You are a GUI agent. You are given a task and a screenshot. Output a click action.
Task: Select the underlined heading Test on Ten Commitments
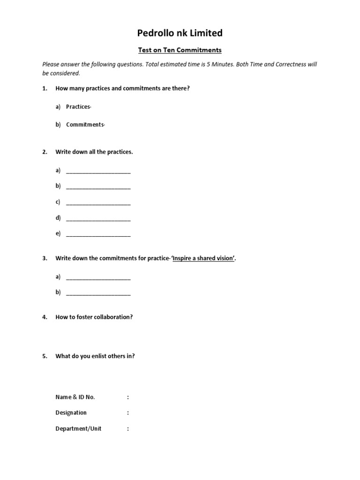tap(180, 50)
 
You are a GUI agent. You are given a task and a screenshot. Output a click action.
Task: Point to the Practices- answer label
tap(78, 107)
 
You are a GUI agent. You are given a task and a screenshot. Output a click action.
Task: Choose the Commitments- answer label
tap(86, 125)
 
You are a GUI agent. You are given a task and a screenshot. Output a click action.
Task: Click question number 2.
tap(45, 152)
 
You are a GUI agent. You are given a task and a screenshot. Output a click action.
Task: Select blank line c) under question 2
tap(98, 203)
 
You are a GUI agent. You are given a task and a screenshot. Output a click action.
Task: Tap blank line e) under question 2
tap(98, 234)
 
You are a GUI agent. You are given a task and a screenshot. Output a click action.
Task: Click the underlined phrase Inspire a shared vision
tap(203, 258)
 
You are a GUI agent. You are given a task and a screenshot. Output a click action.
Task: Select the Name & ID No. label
tap(75, 397)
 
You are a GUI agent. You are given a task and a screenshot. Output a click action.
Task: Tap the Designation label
tap(71, 413)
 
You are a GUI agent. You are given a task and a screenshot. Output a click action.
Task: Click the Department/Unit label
tap(78, 428)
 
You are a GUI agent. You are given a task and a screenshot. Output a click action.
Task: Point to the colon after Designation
tap(127, 413)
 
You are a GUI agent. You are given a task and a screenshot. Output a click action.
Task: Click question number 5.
tap(45, 356)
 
